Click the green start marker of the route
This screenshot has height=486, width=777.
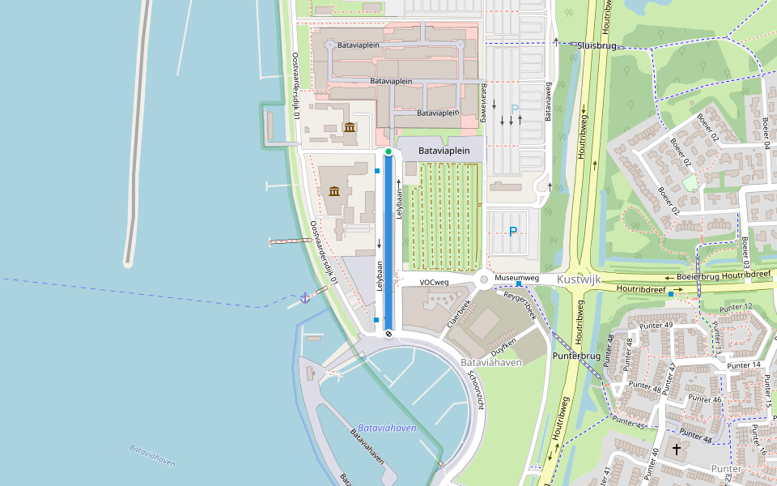(388, 151)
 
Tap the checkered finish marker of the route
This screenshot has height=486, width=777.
(388, 332)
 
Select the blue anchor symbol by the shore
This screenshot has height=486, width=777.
(305, 298)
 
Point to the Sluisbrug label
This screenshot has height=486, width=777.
(597, 46)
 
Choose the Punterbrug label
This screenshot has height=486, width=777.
(575, 356)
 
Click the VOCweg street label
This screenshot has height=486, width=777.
(434, 283)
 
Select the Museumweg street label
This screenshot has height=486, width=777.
(516, 278)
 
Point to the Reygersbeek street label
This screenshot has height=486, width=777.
(520, 306)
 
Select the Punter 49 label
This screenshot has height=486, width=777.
(656, 325)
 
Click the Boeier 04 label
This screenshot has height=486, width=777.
(765, 133)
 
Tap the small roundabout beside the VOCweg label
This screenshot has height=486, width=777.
(484, 279)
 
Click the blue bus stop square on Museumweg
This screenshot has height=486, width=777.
(518, 284)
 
